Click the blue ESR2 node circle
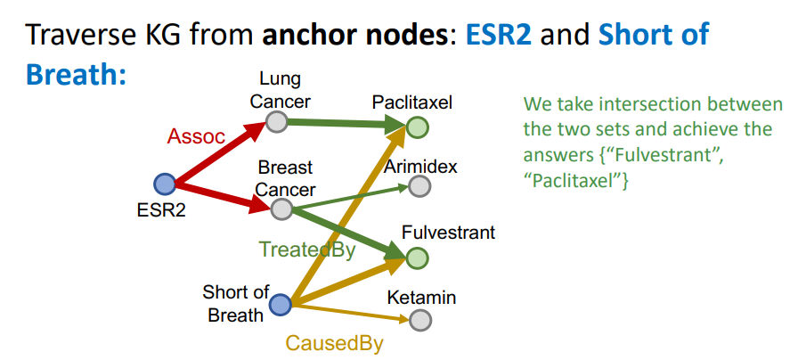coord(165,184)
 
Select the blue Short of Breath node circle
coord(281,306)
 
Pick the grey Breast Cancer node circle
coord(281,209)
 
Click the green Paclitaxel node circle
coord(417,128)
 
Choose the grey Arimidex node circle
coord(419,186)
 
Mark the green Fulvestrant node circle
coord(418,258)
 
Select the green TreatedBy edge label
coord(306,250)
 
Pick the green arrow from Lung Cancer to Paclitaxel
coord(347,125)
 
